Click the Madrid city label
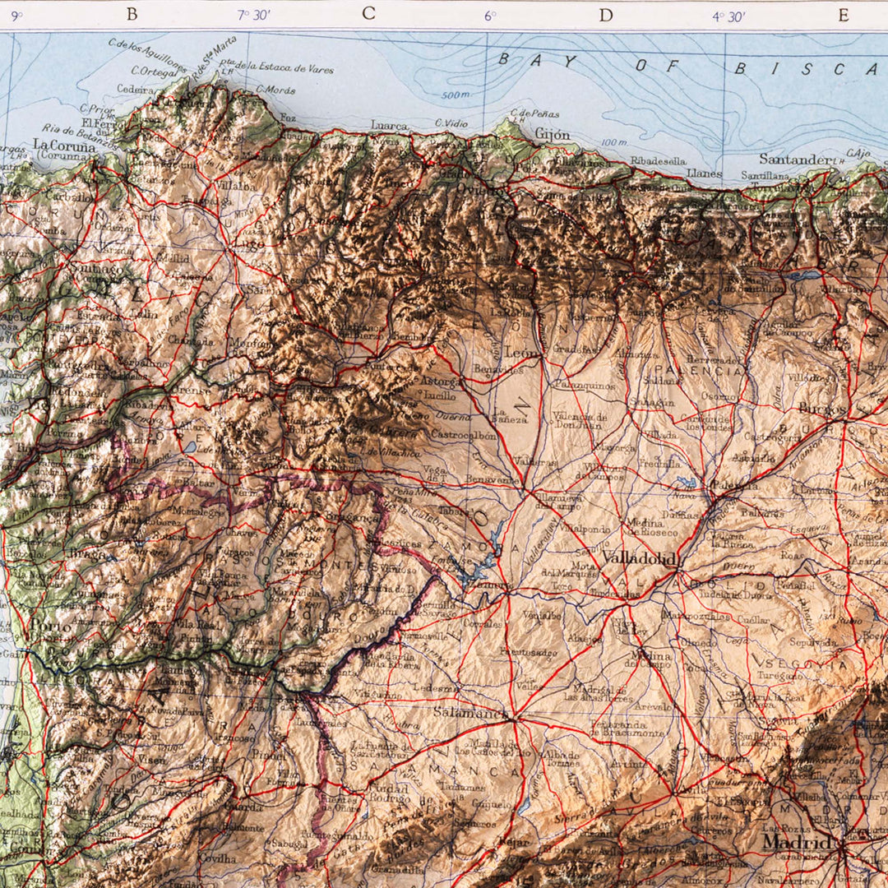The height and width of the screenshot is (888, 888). [x=794, y=843]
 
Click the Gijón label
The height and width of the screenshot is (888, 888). [x=552, y=134]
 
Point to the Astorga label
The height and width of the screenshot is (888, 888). [x=441, y=382]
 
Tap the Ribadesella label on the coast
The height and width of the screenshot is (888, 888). [x=658, y=161]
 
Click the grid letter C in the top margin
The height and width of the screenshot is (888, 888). [x=368, y=13]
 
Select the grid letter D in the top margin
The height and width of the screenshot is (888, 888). [x=606, y=14]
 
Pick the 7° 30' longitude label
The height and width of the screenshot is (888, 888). [x=254, y=15]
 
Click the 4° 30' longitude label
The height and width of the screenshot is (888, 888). [x=729, y=15]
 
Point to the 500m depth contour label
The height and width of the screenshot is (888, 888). [x=454, y=95]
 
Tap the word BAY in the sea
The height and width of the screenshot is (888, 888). [x=527, y=58]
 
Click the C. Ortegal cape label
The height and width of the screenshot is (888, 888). [x=153, y=72]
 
